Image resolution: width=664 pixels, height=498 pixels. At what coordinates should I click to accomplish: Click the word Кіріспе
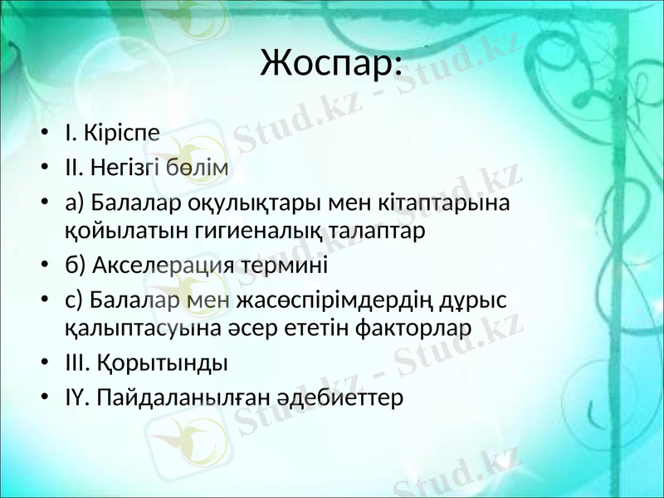click(119, 132)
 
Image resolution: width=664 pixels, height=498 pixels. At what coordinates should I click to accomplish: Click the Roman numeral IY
click(75, 398)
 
